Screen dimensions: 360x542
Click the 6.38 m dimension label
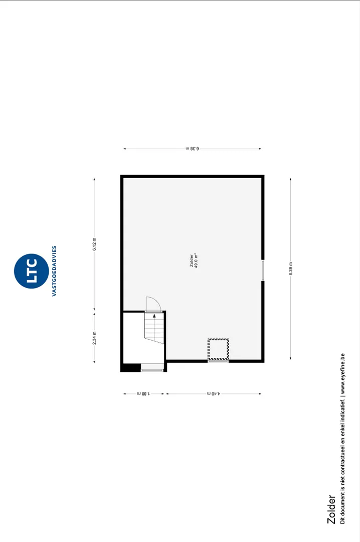193,149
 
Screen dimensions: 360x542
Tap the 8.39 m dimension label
291,268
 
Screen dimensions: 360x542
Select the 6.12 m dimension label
94,244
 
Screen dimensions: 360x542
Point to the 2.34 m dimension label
94,338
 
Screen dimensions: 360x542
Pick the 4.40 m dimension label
214,393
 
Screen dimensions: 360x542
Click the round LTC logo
32,271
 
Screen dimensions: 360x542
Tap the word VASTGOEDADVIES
54,271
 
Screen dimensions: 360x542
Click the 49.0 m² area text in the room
196,261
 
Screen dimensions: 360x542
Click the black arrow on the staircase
154,315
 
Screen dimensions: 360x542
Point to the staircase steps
154,328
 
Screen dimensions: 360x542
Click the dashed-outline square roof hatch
218,349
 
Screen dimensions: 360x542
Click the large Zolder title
331,509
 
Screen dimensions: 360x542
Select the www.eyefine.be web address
342,374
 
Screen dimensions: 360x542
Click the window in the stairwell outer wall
152,370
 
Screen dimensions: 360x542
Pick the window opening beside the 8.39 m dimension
263,270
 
